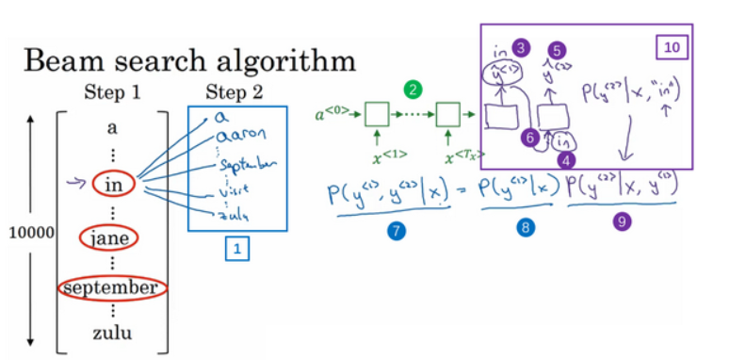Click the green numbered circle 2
point(412,90)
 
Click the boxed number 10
point(674,45)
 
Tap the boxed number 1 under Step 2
point(236,251)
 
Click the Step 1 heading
point(111,92)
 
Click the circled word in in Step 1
point(114,183)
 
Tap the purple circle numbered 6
point(530,138)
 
